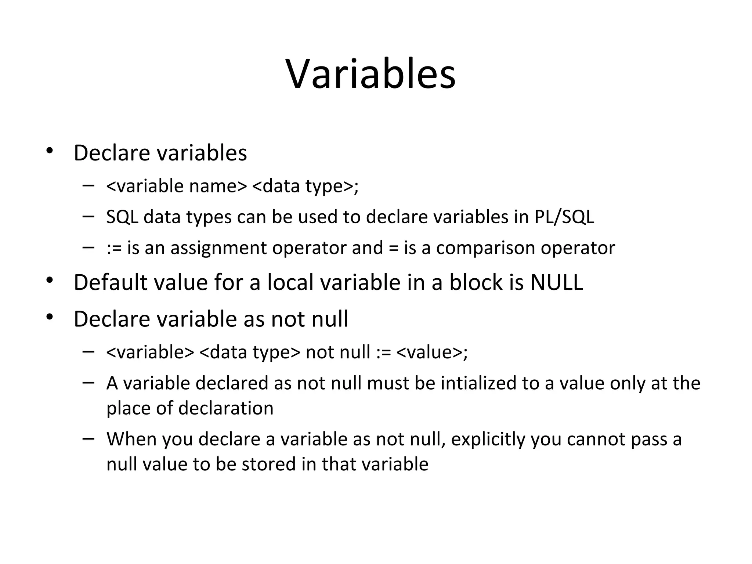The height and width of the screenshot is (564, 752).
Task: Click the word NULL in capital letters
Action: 557,283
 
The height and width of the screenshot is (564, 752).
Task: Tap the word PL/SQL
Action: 564,217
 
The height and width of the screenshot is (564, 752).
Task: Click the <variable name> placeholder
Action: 177,186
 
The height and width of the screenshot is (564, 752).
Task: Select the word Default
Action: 111,283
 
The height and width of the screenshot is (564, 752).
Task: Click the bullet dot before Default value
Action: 50,281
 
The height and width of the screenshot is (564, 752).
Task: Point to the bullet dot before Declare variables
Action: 50,151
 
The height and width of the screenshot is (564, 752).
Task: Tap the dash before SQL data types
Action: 88,216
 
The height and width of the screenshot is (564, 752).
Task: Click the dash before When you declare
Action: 88,438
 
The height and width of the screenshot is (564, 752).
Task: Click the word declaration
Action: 226,408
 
